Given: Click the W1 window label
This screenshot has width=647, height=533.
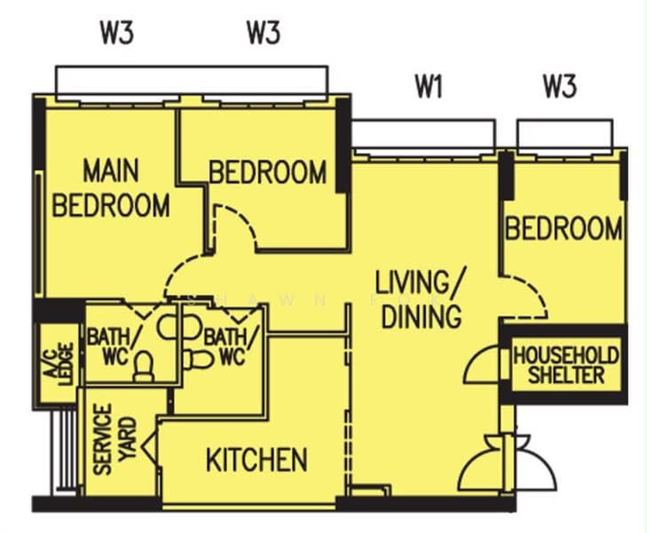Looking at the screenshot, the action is click(x=429, y=87).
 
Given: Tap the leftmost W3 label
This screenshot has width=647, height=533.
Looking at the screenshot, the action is click(x=117, y=33).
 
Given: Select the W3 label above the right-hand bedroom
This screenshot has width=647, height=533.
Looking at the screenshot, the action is click(x=559, y=87).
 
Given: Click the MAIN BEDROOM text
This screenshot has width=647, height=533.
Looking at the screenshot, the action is click(x=111, y=187).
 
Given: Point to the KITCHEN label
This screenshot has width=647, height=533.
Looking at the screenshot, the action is click(x=256, y=459).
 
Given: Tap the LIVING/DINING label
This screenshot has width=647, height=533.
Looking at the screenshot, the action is click(x=421, y=298).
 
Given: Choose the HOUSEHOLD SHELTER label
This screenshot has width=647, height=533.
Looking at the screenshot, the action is click(x=566, y=365).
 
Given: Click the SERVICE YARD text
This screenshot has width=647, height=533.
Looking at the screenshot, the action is click(x=114, y=439).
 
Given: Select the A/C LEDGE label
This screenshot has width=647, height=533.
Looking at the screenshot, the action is click(x=59, y=364).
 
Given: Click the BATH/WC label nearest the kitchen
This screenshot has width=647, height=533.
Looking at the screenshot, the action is click(x=231, y=346).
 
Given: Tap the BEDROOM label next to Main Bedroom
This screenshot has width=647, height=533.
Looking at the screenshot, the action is click(x=268, y=172).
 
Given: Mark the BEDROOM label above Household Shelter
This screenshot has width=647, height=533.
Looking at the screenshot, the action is click(x=564, y=228).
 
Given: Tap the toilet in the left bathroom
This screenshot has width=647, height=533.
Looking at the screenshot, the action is click(x=144, y=367).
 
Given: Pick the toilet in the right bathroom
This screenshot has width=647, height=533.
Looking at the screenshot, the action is click(x=198, y=360).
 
